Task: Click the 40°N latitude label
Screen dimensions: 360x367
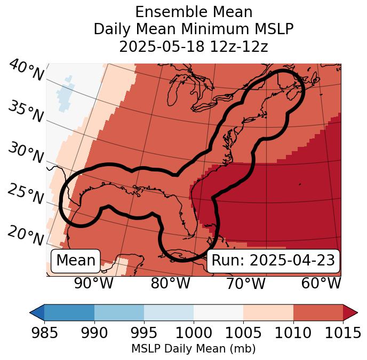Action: (26, 71)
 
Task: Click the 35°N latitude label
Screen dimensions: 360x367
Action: (26, 112)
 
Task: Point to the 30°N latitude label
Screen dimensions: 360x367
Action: (26, 153)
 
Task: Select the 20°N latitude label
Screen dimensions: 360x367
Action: (26, 235)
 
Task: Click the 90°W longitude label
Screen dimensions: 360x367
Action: (93, 283)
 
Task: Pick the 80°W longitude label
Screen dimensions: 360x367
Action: (170, 283)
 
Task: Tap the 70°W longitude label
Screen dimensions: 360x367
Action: (246, 283)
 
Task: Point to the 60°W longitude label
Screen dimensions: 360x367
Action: (321, 283)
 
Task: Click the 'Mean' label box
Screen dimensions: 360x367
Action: (76, 261)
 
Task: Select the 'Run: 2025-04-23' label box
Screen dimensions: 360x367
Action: (273, 261)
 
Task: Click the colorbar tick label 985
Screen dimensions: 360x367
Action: (44, 333)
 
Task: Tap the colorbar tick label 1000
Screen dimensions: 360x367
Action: (194, 333)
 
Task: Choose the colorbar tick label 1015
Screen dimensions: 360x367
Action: (342, 333)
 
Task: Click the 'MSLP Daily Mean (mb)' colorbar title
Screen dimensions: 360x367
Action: (193, 349)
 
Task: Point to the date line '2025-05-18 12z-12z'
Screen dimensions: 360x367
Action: (194, 46)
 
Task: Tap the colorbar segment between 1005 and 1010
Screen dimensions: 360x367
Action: (268, 312)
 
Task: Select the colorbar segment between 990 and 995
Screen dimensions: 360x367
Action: (119, 312)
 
